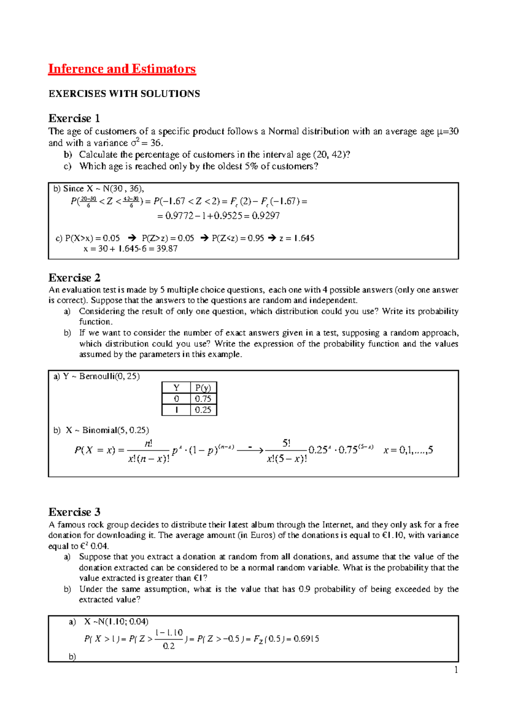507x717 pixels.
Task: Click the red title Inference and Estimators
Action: click(122, 69)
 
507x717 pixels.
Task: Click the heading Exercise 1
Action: click(74, 118)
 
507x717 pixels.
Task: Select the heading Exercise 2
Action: click(74, 278)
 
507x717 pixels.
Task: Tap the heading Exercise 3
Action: click(74, 512)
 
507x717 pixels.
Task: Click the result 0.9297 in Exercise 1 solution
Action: click(266, 216)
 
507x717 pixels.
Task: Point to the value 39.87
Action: click(167, 249)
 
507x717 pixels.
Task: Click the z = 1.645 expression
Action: click(297, 238)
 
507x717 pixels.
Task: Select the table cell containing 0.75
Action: click(203, 399)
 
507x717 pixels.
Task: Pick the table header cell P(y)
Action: click(203, 388)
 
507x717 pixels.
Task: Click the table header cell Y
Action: click(176, 388)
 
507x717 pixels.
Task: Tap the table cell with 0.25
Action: click(203, 410)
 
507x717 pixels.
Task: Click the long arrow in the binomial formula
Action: click(250, 450)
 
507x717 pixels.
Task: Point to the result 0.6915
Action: click(306, 639)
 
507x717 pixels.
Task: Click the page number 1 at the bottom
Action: click(456, 670)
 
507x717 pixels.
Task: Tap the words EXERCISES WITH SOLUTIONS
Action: click(124, 94)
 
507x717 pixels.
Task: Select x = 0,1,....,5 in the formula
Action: click(408, 450)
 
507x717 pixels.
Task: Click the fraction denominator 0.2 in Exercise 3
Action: click(169, 646)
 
